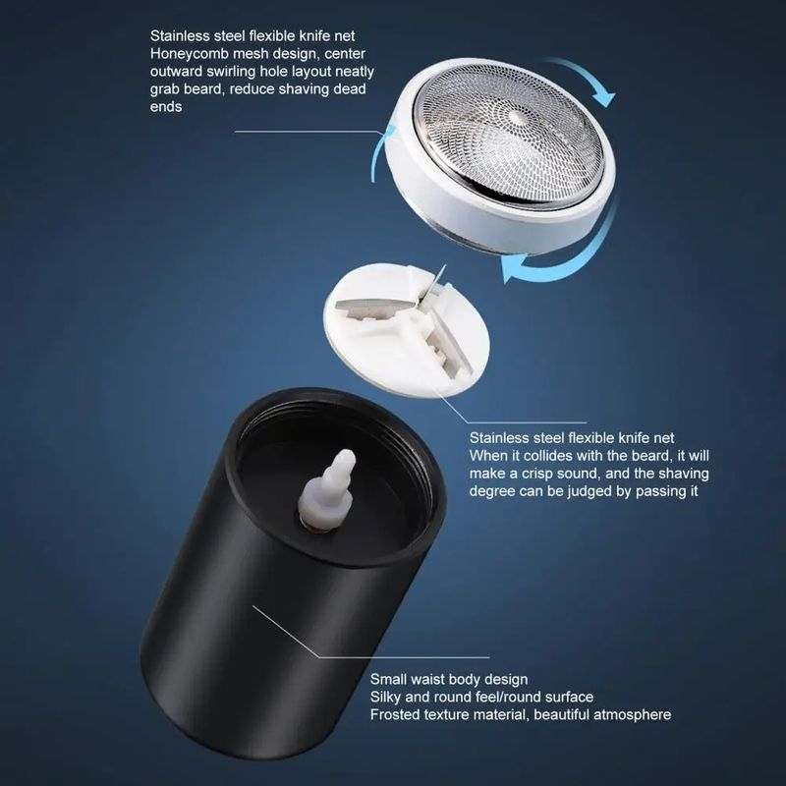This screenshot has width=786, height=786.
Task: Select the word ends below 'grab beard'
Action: pyautogui.click(x=166, y=107)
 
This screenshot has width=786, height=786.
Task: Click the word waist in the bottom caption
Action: pyautogui.click(x=427, y=679)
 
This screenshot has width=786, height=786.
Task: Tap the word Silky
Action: pyautogui.click(x=385, y=697)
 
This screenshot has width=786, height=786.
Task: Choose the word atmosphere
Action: pyautogui.click(x=632, y=714)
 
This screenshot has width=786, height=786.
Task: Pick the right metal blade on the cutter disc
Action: pyautogui.click(x=448, y=347)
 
